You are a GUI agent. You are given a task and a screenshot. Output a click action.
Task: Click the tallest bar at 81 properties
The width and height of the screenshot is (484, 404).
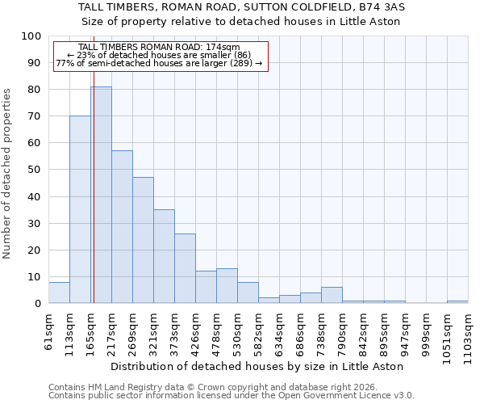coord(101,195)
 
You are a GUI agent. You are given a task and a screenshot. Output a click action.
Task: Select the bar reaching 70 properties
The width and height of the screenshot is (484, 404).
coord(80,209)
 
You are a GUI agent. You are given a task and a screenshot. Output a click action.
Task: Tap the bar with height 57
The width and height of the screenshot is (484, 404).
coord(122,227)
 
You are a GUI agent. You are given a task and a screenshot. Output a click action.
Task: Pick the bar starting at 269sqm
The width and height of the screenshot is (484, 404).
coord(143,240)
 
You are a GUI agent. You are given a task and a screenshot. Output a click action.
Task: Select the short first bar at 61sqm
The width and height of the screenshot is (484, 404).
coord(59,292)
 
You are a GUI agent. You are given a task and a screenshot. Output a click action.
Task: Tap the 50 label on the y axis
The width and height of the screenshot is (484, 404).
coord(34,170)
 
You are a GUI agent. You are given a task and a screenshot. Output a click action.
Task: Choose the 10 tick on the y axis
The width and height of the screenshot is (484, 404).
coord(34,277)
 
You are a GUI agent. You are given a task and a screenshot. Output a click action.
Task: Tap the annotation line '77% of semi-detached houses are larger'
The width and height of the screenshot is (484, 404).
coord(159,63)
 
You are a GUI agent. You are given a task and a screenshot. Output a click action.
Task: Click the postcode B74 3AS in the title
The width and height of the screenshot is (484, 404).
coord(382,6)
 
